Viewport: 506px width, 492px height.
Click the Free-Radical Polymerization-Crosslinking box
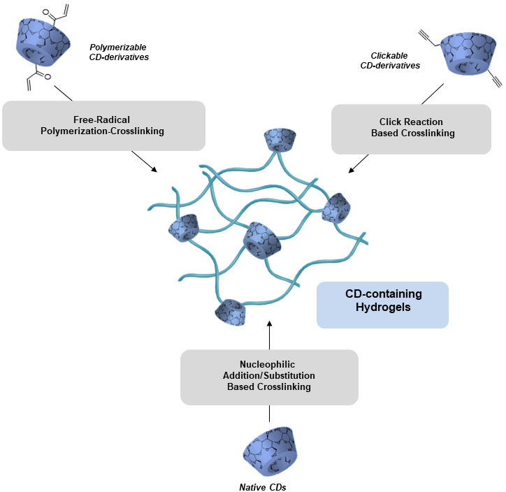click(x=103, y=126)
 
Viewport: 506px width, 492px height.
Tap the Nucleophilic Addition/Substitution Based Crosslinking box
click(x=269, y=376)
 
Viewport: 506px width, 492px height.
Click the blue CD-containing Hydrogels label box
click(x=382, y=305)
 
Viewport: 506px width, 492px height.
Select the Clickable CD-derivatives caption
click(x=396, y=60)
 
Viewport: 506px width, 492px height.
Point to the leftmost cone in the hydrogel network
click(x=183, y=228)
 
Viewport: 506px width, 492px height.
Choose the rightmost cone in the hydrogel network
click(x=338, y=206)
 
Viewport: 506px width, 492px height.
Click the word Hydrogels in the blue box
click(x=382, y=311)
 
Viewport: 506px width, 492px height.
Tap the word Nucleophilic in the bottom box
click(x=269, y=365)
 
